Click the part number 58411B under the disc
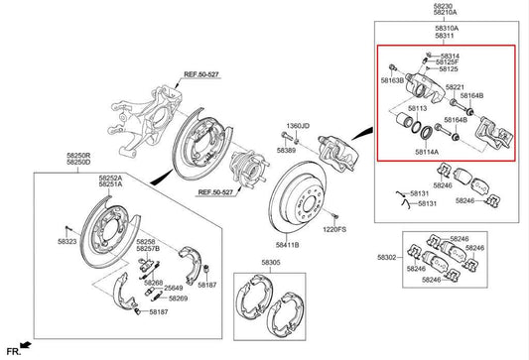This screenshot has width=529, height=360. (x=288, y=244)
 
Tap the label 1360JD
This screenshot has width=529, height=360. (x=298, y=126)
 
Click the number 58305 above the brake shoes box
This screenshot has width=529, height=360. (x=270, y=262)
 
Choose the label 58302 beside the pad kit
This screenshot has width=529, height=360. (x=387, y=257)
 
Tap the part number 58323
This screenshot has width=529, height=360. (x=66, y=241)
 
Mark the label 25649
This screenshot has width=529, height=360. (x=174, y=288)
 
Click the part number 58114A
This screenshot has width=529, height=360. (x=427, y=152)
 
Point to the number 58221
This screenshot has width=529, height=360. (x=455, y=87)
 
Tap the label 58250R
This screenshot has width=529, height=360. (x=51, y=155)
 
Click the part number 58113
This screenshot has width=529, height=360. (x=418, y=107)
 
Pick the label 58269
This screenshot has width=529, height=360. (x=177, y=298)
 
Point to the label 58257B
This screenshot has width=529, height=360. (x=147, y=248)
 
